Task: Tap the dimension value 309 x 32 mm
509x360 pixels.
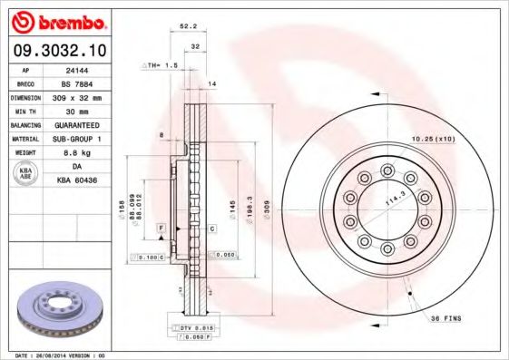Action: tap(88, 96)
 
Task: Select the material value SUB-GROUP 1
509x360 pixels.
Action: tap(88, 138)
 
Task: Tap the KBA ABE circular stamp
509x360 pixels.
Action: tap(26, 173)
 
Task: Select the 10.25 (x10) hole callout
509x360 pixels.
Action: tap(434, 139)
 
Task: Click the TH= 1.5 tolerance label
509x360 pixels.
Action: tap(161, 66)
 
